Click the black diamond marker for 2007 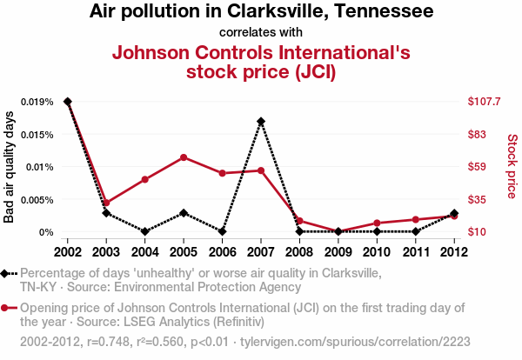point(261,122)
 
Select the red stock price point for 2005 point(184,157)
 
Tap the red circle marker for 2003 point(106,203)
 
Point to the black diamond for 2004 point(145,231)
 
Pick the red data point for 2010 point(377,223)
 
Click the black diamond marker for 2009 point(338,231)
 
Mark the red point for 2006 point(223,173)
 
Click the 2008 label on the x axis point(299,251)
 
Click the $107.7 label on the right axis point(484,102)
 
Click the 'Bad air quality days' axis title point(10,167)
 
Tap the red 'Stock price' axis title point(512,165)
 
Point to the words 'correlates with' point(261,33)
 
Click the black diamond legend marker point(6,274)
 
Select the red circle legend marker point(6,308)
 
